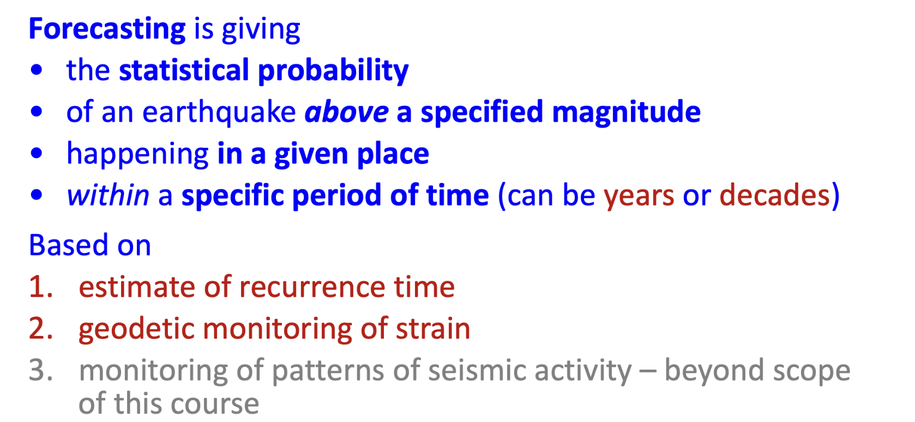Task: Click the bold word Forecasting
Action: pos(107,29)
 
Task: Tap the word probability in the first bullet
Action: pos(333,71)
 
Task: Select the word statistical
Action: pos(184,71)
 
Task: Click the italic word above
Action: pos(346,112)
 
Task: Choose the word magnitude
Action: pos(626,112)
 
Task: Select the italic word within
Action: pos(108,195)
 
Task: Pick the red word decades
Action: pos(775,195)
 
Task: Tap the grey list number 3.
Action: pos(40,371)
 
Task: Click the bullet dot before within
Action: pos(37,195)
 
